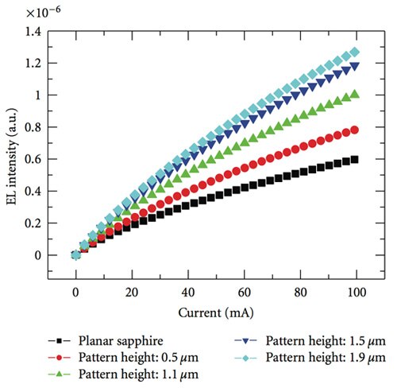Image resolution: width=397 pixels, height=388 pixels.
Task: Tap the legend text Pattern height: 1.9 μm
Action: pyautogui.click(x=322, y=357)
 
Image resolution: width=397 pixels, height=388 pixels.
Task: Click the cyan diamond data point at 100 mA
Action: pyautogui.click(x=354, y=52)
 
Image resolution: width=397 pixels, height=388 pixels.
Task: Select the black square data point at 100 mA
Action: pyautogui.click(x=354, y=159)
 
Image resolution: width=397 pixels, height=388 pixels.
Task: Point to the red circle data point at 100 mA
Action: pyautogui.click(x=354, y=130)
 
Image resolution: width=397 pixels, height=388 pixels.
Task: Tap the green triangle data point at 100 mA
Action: pyautogui.click(x=354, y=94)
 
